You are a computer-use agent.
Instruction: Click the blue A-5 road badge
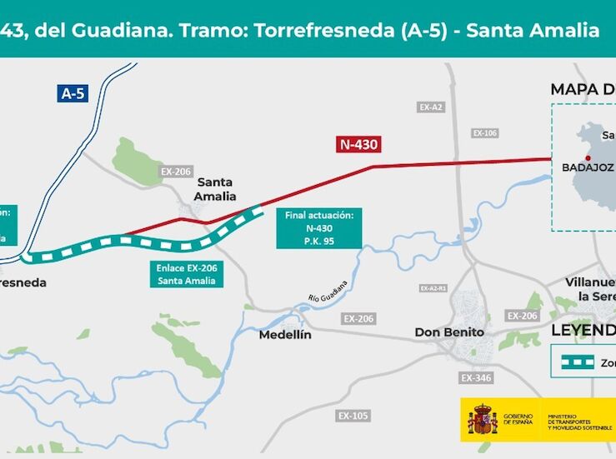tap(73, 93)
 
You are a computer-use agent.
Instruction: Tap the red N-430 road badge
tap(359, 144)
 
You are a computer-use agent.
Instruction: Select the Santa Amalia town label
tap(216, 189)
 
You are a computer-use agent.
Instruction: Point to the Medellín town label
tap(285, 334)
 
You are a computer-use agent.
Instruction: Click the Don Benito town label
tap(449, 332)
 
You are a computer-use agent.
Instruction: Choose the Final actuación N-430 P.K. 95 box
tap(319, 227)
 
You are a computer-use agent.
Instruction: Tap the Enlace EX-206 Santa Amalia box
tap(187, 275)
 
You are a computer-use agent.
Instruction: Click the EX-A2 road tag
tap(431, 107)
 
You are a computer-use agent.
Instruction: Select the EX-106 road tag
tap(484, 133)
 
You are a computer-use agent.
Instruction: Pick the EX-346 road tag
tap(476, 378)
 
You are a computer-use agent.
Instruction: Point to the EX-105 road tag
tap(353, 415)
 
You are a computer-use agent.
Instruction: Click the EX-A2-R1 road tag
tap(433, 288)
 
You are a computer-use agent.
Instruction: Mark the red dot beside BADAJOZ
tap(588, 157)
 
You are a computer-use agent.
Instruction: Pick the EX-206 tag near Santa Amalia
tap(176, 172)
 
